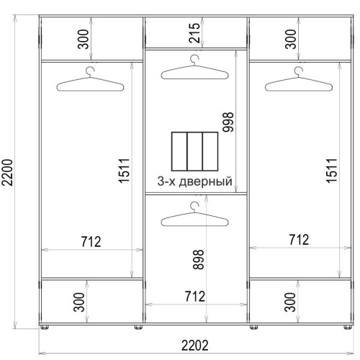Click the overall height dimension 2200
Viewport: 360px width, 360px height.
[7, 172]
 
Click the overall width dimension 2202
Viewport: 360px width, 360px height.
[195, 346]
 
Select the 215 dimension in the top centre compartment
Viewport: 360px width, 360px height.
[194, 33]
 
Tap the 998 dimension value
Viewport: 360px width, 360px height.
[228, 122]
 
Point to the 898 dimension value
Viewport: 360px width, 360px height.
[199, 259]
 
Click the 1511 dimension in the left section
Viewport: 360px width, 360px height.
[125, 171]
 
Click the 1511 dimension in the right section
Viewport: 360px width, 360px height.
[332, 171]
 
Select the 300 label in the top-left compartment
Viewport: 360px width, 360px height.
[84, 39]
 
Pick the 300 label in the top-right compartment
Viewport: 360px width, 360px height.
[291, 39]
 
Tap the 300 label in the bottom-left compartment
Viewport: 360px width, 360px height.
[79, 302]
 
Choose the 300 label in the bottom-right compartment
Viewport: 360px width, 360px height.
[290, 302]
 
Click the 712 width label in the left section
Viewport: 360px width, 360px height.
[91, 242]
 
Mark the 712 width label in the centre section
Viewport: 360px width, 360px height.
[195, 297]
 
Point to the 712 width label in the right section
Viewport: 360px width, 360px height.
[299, 240]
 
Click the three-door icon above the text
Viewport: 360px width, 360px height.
[195, 151]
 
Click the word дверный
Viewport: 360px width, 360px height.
[206, 181]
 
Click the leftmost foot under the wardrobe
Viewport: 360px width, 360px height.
[45, 327]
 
